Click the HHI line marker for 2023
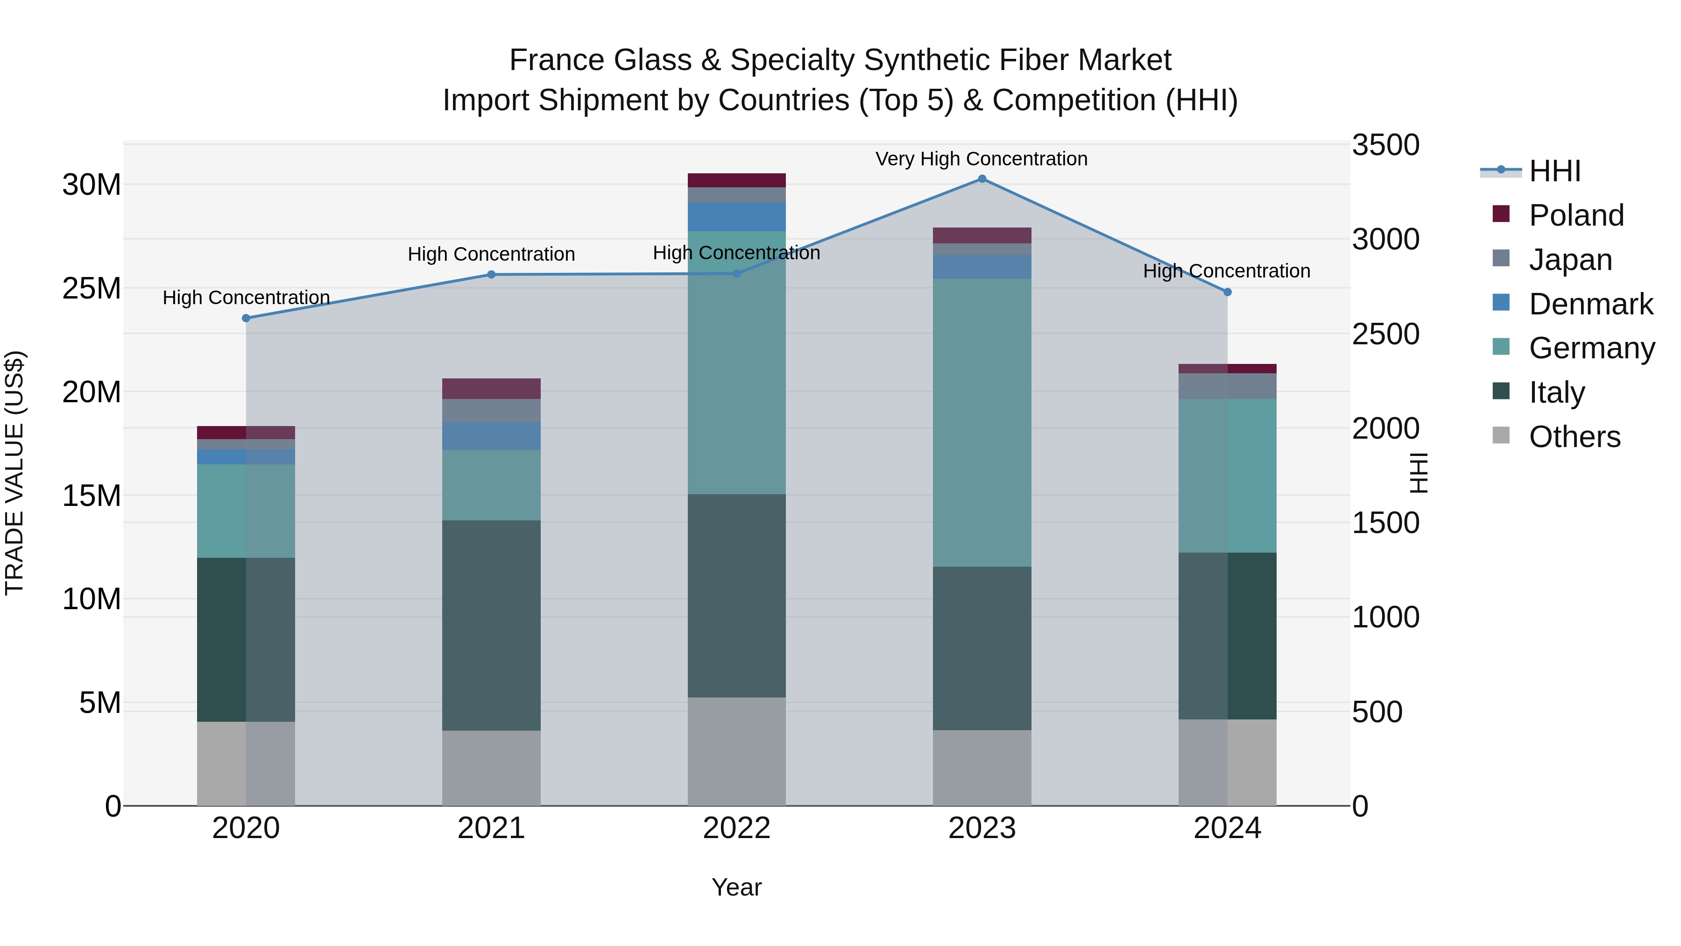point(982,179)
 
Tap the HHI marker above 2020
point(246,318)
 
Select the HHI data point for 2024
point(1227,292)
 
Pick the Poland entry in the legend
point(1575,215)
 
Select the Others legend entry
point(1574,437)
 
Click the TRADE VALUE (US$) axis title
point(14,473)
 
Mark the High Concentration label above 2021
point(491,254)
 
